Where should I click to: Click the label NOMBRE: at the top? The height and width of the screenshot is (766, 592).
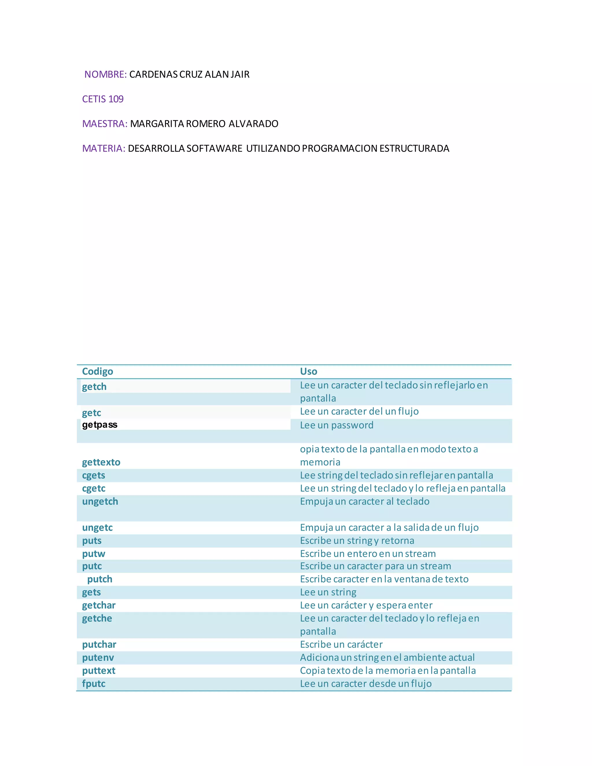point(105,74)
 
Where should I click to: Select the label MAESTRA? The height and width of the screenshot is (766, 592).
point(105,124)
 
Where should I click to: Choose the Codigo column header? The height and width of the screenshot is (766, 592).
point(97,371)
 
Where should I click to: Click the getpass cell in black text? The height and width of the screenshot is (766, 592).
point(100,425)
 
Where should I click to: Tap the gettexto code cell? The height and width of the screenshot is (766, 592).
point(101,462)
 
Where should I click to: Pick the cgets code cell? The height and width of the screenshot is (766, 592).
point(94,475)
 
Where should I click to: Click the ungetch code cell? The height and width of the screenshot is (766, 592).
point(100,502)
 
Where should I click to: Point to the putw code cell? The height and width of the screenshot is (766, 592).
point(94,554)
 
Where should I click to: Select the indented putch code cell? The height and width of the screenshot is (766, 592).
point(100,579)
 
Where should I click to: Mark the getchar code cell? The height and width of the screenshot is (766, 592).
point(99,605)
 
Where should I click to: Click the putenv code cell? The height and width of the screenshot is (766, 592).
point(98,658)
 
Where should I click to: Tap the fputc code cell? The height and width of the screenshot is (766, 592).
point(94,684)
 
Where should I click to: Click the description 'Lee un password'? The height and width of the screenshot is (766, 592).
point(337,425)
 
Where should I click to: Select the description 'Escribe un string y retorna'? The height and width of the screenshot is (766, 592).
point(357,541)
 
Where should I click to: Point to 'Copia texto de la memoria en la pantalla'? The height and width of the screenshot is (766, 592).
point(388,671)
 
